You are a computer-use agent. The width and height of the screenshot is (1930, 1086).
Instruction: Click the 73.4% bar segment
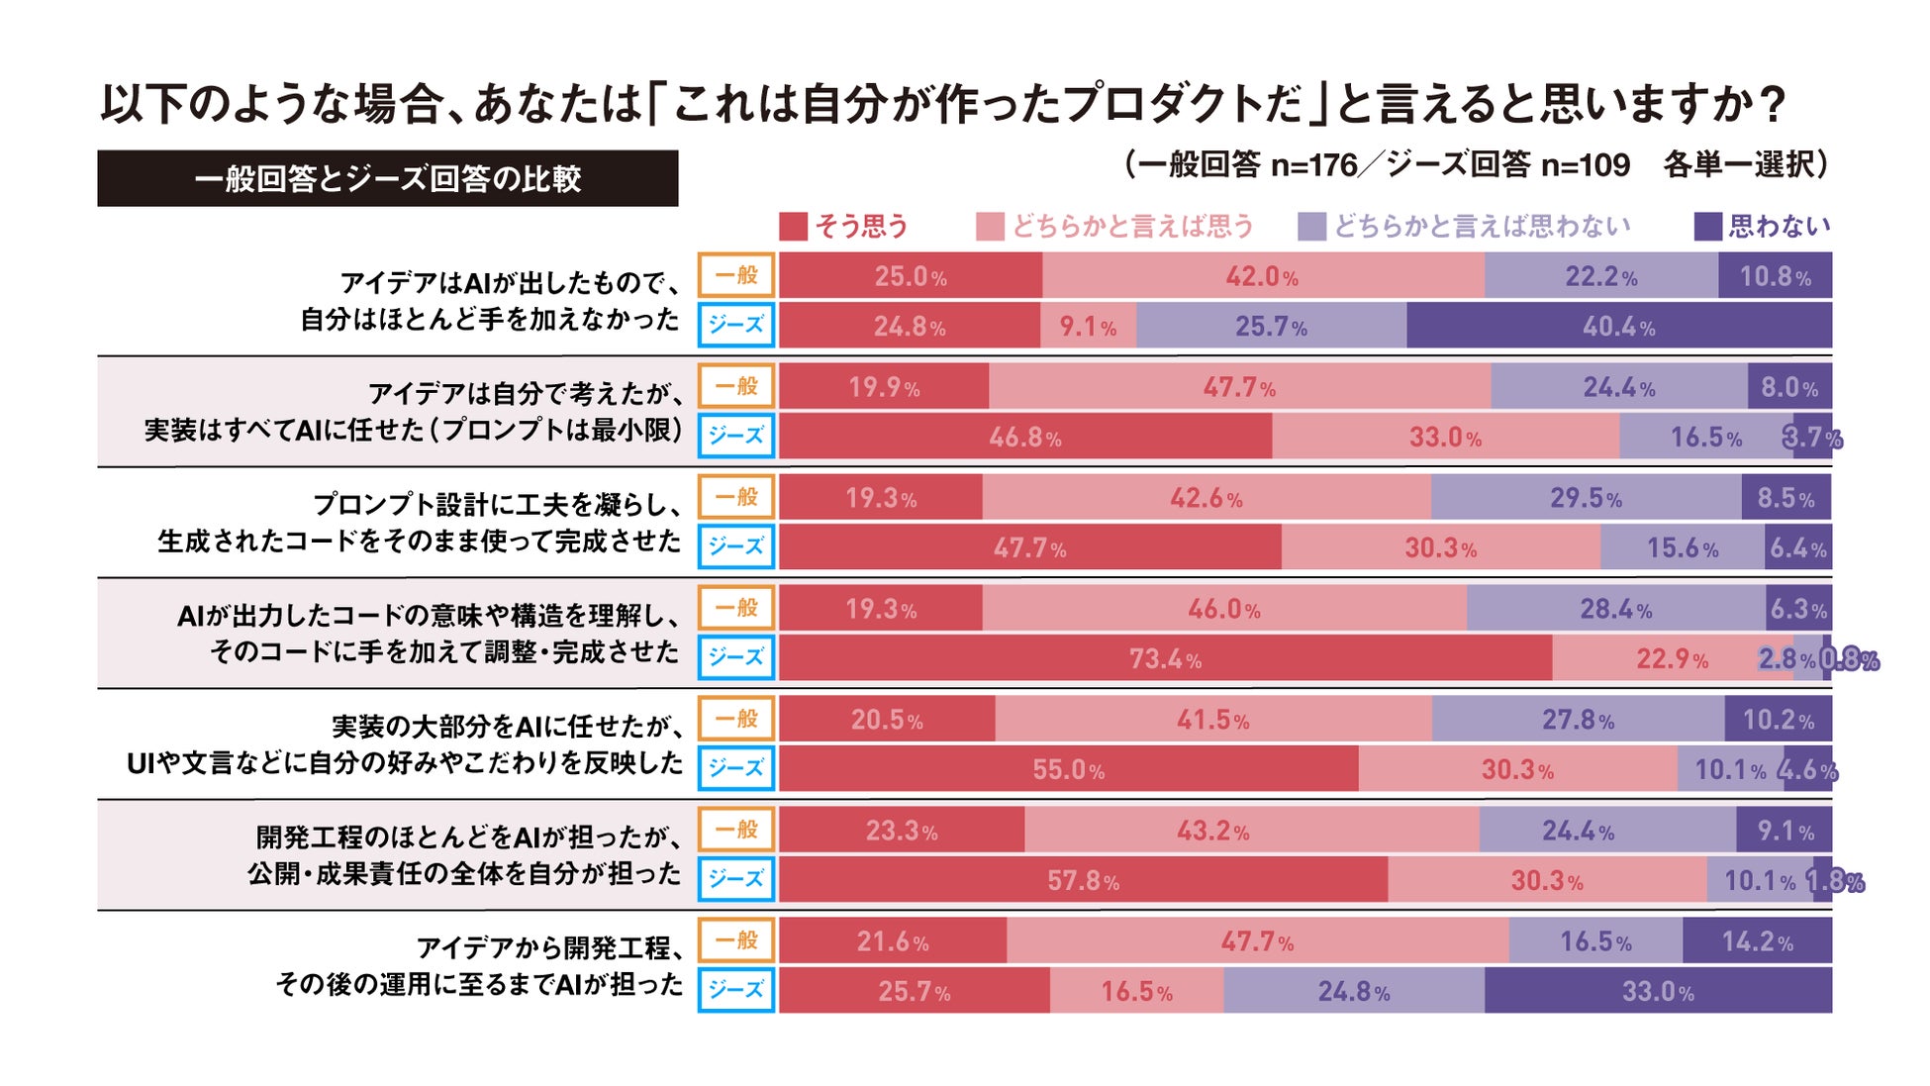(1165, 658)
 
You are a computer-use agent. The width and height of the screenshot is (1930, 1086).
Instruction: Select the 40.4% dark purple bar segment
(1618, 326)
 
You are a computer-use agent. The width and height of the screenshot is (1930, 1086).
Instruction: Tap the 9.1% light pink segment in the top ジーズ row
(1088, 326)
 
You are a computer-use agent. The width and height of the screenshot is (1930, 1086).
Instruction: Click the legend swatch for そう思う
(793, 227)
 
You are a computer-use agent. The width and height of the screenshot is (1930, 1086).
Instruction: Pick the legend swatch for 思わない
(1707, 227)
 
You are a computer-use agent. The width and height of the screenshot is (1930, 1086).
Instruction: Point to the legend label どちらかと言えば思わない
(1482, 227)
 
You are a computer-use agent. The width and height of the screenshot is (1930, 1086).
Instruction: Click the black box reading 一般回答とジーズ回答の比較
(387, 178)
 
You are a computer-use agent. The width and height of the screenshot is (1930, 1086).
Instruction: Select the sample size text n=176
(1313, 164)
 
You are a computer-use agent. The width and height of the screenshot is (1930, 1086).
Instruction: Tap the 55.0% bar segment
(1068, 769)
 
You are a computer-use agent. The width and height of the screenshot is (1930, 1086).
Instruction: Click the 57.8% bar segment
(1083, 880)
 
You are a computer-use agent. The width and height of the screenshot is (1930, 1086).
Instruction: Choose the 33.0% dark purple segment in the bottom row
(1658, 991)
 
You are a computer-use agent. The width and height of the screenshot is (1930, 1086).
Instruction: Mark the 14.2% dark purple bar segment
(1757, 940)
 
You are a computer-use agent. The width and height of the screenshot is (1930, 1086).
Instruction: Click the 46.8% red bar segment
(1024, 437)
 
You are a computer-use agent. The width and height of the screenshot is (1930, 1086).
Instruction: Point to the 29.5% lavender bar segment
(1586, 497)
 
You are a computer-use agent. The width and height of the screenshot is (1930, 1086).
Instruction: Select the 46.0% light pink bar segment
(1224, 608)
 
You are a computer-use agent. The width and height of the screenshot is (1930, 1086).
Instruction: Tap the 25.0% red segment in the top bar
(910, 275)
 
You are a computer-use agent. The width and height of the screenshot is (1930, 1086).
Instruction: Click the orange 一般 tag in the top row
(736, 275)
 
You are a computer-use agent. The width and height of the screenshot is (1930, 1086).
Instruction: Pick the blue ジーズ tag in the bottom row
(736, 990)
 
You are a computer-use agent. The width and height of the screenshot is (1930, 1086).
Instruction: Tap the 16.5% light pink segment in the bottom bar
(1136, 991)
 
